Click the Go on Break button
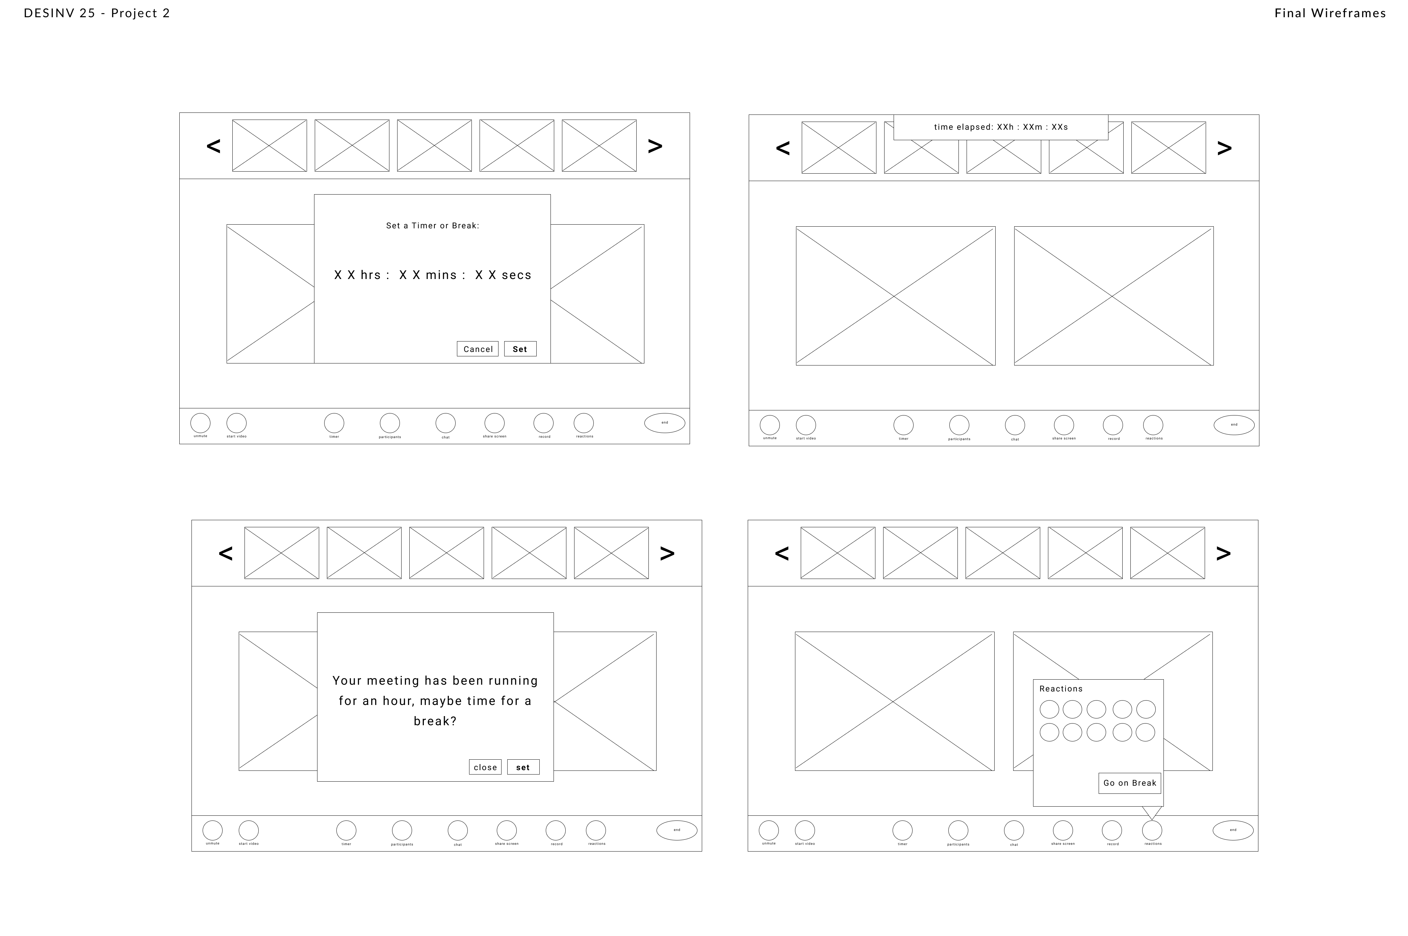coord(1129,783)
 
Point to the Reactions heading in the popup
coord(1060,689)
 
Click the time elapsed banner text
coord(1000,127)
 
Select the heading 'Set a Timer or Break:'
coord(432,226)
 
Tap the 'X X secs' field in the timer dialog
coord(503,275)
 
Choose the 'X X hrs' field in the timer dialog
coord(357,275)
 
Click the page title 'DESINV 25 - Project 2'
coord(97,13)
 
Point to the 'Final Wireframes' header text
coord(1330,13)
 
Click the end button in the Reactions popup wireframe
coord(1232,830)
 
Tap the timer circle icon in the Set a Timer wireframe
coord(334,423)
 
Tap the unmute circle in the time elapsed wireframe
coord(769,425)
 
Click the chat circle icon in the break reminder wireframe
coord(457,830)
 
